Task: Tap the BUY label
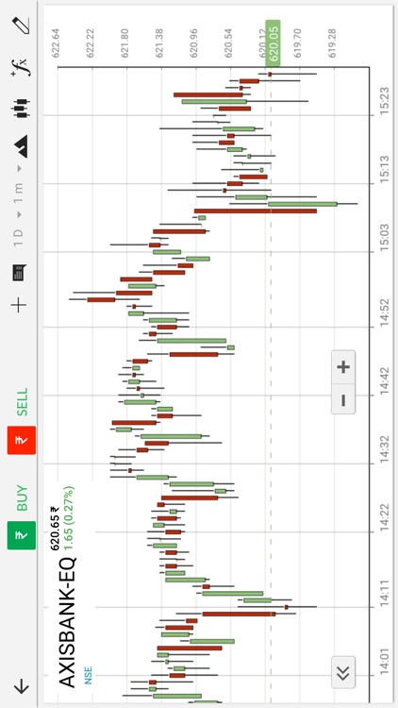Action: click(x=22, y=498)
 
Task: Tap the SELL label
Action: click(x=22, y=403)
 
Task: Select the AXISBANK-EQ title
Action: click(x=69, y=623)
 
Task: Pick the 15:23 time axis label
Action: click(x=384, y=97)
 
